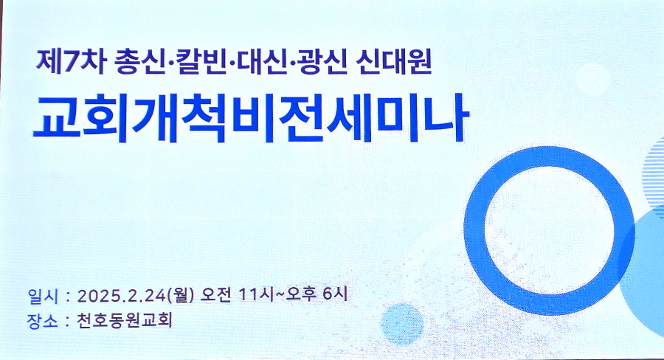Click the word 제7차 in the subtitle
pos(70,63)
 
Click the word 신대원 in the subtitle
pos(393,63)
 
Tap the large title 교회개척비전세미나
pos(251,118)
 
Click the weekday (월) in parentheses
pos(181,295)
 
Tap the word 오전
pos(216,295)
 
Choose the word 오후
pos(302,295)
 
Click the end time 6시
pos(336,294)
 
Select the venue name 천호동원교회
pos(125,320)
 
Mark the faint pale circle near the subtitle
pos(593,78)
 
